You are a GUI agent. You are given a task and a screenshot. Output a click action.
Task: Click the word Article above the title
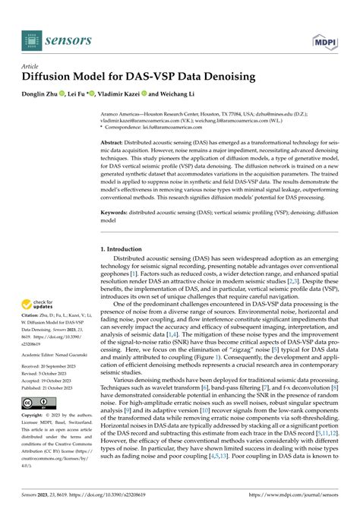[x=33, y=65]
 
